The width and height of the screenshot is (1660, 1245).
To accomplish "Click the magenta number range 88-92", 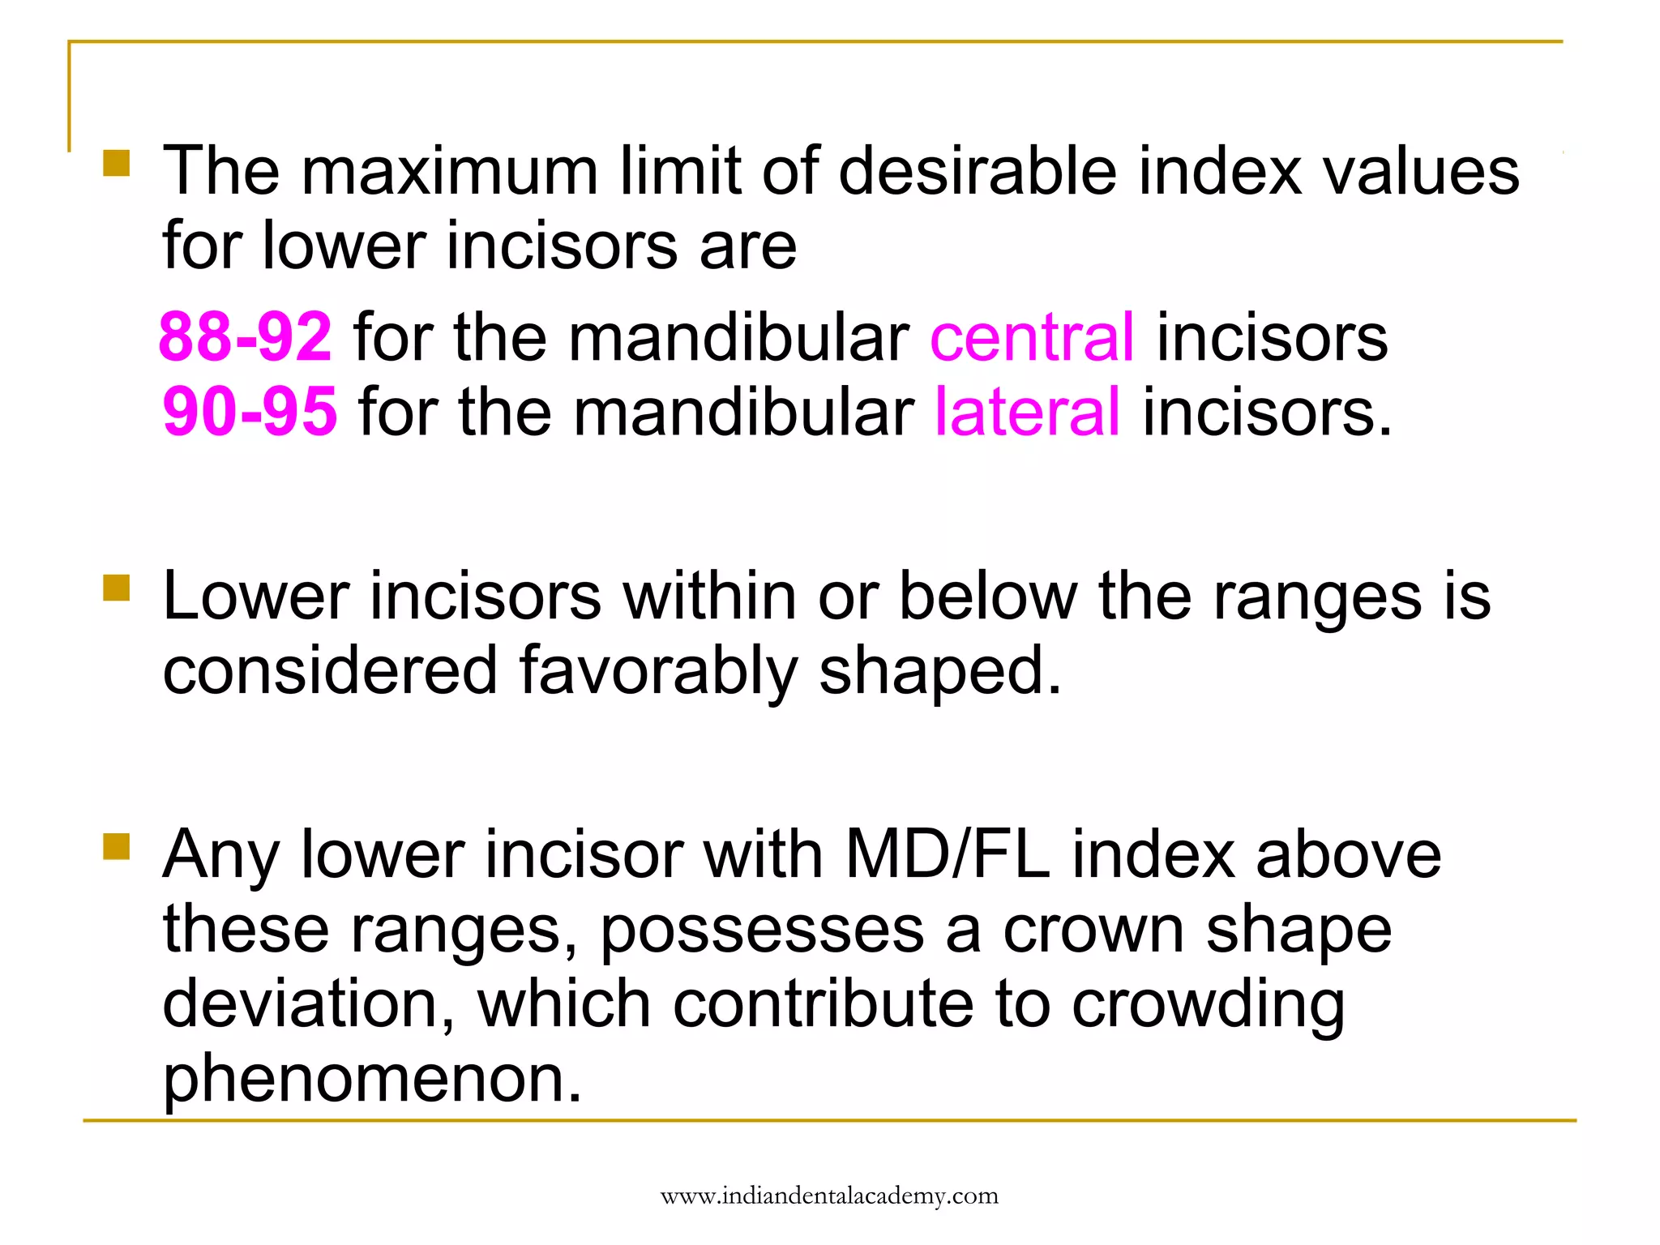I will tap(245, 336).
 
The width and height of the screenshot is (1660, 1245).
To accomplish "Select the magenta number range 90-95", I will tap(250, 412).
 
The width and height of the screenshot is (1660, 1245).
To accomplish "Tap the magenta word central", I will tap(1032, 336).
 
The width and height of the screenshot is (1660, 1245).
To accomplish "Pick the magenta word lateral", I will tap(1028, 412).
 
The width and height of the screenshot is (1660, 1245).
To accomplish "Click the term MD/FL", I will tap(947, 854).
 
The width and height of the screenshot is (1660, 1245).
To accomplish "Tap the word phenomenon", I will tap(372, 1078).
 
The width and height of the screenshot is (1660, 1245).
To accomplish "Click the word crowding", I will tap(1209, 1003).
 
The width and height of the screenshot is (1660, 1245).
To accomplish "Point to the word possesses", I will tap(762, 929).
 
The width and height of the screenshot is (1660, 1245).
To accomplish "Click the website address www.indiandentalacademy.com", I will tap(829, 1196).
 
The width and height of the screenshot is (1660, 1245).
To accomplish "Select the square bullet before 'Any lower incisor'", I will tap(117, 846).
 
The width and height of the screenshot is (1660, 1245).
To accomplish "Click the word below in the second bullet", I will tap(988, 597).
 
